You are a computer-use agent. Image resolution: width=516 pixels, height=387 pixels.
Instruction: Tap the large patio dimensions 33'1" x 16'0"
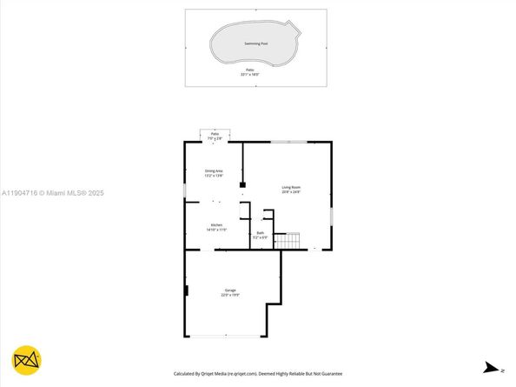(x=250, y=75)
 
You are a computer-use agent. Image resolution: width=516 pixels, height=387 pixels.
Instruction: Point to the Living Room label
(x=290, y=187)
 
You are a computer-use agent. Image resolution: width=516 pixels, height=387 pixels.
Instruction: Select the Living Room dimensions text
(x=290, y=192)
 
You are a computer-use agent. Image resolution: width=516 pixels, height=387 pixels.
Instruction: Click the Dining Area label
(x=215, y=170)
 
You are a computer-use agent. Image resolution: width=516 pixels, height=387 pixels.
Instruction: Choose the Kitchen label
(x=215, y=225)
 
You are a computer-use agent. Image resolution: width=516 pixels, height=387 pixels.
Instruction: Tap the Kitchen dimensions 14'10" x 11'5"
(x=215, y=230)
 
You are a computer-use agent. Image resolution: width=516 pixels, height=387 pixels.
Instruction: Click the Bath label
(x=260, y=232)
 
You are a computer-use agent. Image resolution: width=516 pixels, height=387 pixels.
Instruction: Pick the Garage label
(x=230, y=290)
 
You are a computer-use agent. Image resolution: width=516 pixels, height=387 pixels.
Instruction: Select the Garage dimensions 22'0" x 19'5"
(x=230, y=295)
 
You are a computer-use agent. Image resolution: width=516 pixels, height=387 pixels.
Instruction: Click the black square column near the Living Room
(x=244, y=184)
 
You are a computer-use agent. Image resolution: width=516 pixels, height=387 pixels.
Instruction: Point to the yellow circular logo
(x=27, y=361)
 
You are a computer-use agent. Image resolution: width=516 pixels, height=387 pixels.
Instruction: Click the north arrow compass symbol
(x=492, y=367)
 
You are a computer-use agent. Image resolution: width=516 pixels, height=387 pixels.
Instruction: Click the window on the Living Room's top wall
(x=288, y=142)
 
